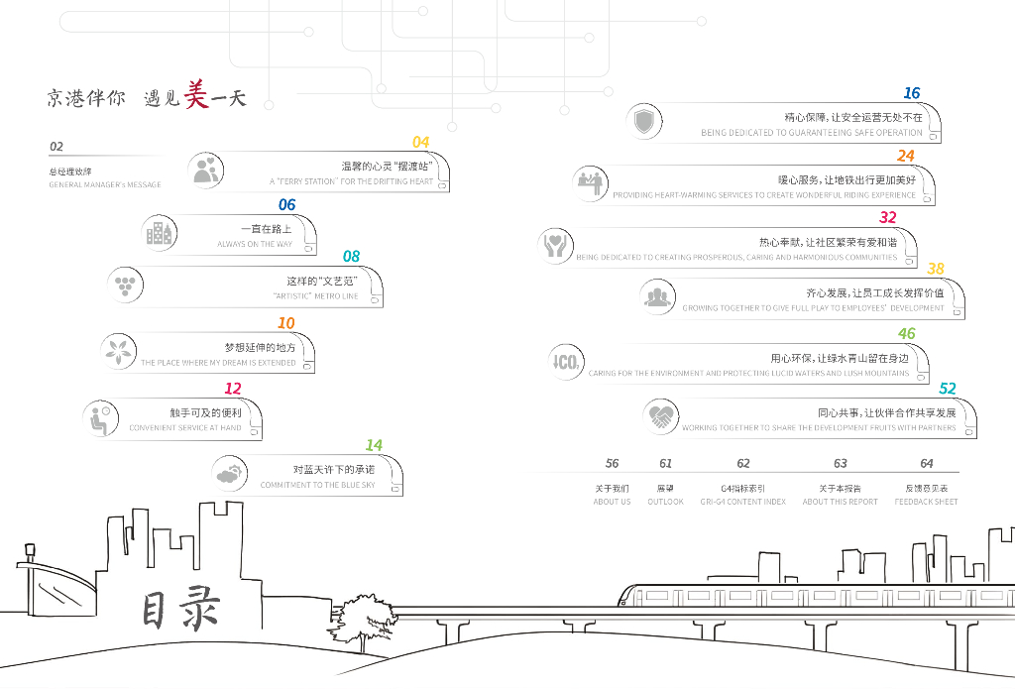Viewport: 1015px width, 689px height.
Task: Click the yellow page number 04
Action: tap(420, 143)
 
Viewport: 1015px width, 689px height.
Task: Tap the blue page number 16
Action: tap(911, 93)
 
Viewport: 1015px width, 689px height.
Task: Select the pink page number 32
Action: tap(887, 217)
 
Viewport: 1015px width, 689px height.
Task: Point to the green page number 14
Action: tap(373, 446)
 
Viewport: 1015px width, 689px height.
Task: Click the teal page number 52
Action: tap(948, 389)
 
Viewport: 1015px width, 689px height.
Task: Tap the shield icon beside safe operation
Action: tap(644, 123)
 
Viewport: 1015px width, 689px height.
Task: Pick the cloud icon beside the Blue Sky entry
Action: tap(230, 474)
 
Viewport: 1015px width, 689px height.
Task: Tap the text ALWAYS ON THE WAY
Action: tap(255, 244)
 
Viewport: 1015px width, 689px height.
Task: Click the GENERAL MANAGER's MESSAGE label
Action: tap(104, 184)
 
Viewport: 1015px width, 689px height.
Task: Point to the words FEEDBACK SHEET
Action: tap(926, 502)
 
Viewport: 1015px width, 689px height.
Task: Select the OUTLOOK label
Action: tap(665, 502)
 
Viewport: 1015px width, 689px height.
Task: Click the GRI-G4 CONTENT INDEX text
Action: tap(742, 502)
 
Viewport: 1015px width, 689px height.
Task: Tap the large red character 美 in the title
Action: tap(197, 95)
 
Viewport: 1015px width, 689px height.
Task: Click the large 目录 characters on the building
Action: tap(179, 610)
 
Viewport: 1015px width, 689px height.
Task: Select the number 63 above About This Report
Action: tap(840, 463)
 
